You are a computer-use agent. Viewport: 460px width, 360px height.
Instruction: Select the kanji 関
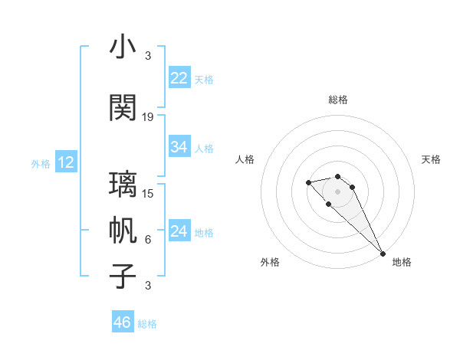(123, 108)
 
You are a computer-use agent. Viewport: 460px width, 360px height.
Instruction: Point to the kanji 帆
(123, 231)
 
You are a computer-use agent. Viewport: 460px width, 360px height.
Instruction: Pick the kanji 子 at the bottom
(123, 277)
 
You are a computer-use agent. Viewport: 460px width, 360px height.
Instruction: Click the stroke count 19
(148, 117)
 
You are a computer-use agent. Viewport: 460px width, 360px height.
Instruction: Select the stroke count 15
(148, 193)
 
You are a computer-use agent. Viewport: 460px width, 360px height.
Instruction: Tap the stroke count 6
(148, 240)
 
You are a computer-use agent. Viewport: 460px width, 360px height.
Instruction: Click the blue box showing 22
(179, 78)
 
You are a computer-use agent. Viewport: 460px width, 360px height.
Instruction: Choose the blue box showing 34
(179, 147)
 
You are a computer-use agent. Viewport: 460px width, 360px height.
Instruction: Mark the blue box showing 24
(179, 231)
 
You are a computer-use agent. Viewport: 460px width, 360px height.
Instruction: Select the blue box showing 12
(66, 162)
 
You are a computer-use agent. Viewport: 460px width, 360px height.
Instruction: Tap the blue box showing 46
(123, 322)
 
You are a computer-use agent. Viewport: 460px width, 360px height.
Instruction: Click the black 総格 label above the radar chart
(338, 100)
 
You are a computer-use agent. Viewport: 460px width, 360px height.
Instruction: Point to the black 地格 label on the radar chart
(402, 262)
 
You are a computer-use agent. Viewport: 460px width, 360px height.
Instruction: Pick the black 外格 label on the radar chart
(270, 262)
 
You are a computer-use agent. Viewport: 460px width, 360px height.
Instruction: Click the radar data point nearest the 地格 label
(382, 254)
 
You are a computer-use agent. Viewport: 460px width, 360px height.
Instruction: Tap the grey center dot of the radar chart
(338, 191)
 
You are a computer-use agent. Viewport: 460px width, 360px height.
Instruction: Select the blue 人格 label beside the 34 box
(204, 148)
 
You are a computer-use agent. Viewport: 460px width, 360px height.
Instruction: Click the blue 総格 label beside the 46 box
(147, 323)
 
